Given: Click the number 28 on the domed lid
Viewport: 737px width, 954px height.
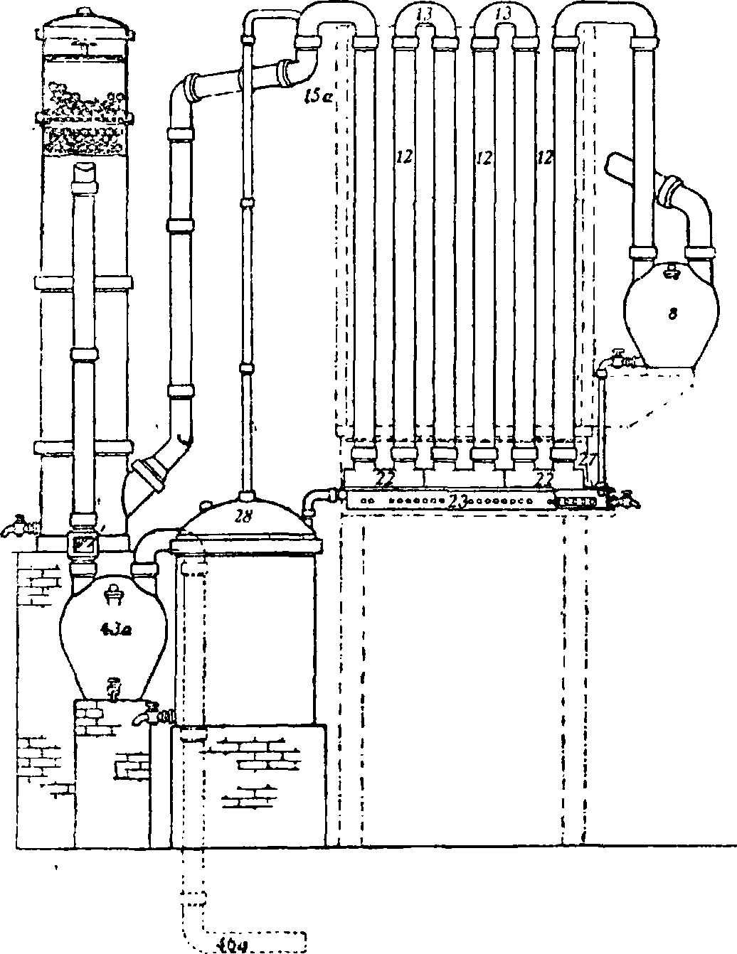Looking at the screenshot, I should [x=243, y=517].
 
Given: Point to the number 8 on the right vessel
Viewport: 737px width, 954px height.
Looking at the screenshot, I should [x=672, y=314].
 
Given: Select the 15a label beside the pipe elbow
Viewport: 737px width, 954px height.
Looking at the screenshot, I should [x=314, y=98].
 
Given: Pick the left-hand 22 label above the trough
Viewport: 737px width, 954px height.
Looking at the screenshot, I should [x=384, y=480].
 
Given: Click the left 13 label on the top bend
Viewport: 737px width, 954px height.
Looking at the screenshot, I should [x=424, y=13].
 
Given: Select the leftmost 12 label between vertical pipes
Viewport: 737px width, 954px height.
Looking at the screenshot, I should [x=405, y=157].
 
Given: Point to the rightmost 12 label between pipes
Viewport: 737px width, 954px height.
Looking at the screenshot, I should [x=545, y=157].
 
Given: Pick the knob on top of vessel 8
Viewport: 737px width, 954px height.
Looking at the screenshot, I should [x=670, y=271].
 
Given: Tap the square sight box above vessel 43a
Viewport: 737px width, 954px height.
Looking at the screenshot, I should [x=85, y=546].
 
